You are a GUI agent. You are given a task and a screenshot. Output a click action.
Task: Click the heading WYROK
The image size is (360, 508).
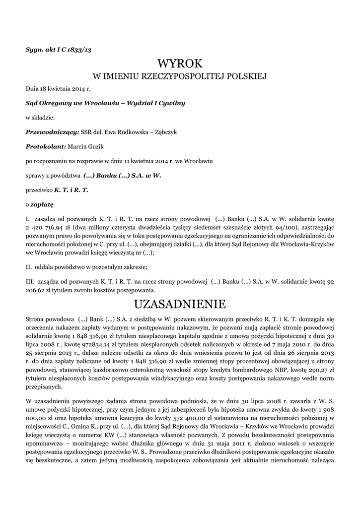tap(180, 63)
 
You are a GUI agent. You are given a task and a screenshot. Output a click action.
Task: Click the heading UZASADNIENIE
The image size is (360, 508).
tap(180, 303)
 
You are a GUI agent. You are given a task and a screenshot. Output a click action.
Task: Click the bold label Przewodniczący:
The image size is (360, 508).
tap(52, 132)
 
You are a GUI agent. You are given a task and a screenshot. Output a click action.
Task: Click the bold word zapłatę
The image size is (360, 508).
tap(42, 204)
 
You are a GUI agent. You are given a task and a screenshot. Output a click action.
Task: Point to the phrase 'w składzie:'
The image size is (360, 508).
tap(40, 118)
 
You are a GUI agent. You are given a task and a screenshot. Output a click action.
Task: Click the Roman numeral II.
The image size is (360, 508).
tap(29, 267)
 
